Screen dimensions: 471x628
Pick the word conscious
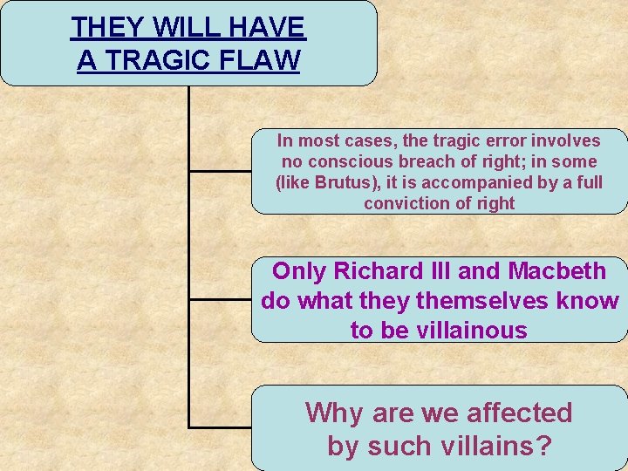pos(353,161)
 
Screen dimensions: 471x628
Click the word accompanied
pos(489,183)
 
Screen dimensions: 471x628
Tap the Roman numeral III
pos(437,271)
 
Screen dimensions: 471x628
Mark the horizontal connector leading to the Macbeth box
pos(221,299)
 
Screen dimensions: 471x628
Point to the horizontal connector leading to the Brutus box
pos(221,171)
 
